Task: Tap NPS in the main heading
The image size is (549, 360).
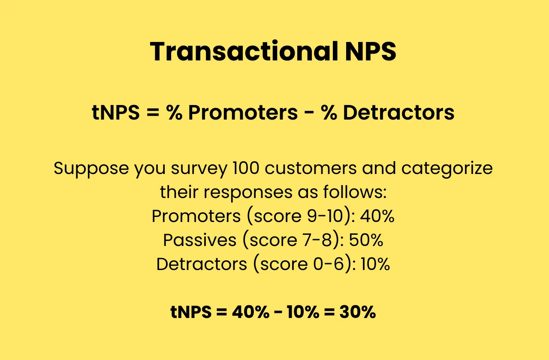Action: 371,52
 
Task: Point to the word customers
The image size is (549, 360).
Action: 311,168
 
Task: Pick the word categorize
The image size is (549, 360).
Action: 447,168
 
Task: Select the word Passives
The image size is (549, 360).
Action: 199,240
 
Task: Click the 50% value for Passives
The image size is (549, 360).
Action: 366,240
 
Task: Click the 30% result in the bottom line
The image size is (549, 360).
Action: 357,312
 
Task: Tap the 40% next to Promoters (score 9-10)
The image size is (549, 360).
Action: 377,216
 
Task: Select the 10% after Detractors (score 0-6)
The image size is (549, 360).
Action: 375,264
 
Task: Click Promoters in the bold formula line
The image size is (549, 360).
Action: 243,113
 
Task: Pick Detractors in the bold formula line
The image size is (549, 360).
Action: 398,113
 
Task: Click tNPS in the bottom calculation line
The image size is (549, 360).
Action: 191,312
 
